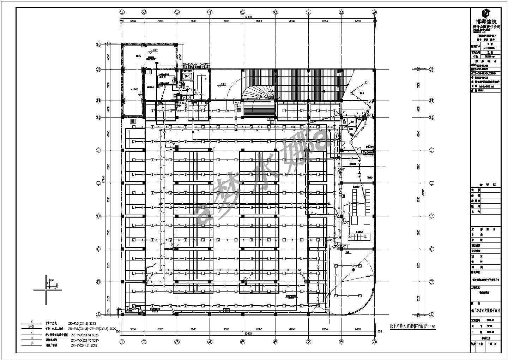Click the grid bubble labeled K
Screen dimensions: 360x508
(99, 44)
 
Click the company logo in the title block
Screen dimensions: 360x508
(486, 14)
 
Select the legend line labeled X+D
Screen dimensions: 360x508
(32, 328)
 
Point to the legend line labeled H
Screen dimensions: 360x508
(32, 340)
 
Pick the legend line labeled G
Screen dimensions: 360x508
(32, 346)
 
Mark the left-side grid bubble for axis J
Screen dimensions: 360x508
(99, 70)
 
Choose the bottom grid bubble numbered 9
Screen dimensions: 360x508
(374, 342)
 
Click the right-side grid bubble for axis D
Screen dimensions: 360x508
(431, 216)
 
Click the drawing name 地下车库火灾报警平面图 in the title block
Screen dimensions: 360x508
(486, 311)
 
